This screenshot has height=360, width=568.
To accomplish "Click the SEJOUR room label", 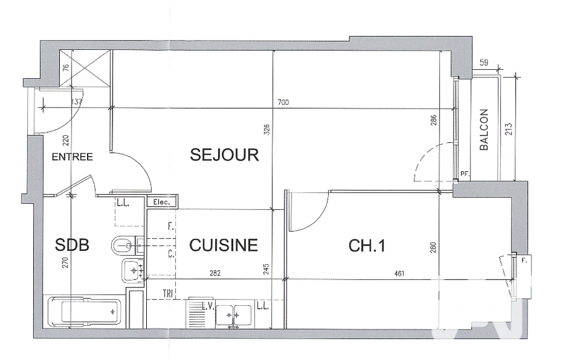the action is (x=224, y=155).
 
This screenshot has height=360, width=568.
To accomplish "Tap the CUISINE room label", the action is (x=223, y=245).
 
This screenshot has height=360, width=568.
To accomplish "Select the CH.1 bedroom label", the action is (x=367, y=246).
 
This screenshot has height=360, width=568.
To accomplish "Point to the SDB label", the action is (x=71, y=245).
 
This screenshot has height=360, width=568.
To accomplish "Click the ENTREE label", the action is (x=72, y=157).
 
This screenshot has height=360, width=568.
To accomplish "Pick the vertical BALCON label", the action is (x=484, y=129).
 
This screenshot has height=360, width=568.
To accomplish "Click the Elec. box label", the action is (x=162, y=202).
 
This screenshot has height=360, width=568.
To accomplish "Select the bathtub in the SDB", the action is (x=85, y=312).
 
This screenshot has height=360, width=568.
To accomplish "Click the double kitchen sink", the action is (x=234, y=315).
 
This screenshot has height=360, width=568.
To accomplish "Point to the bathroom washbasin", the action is (x=134, y=270).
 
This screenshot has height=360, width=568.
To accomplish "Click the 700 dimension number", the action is (x=283, y=102).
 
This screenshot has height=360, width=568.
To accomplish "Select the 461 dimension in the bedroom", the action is (x=399, y=274).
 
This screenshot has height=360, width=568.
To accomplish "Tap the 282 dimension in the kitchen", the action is (x=215, y=273).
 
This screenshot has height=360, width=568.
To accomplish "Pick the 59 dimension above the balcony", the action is (x=484, y=62).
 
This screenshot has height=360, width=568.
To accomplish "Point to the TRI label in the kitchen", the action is (x=168, y=294).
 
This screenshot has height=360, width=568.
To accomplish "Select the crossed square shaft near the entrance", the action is (x=85, y=69).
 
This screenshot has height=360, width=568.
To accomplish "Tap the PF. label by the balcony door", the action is (x=465, y=174).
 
